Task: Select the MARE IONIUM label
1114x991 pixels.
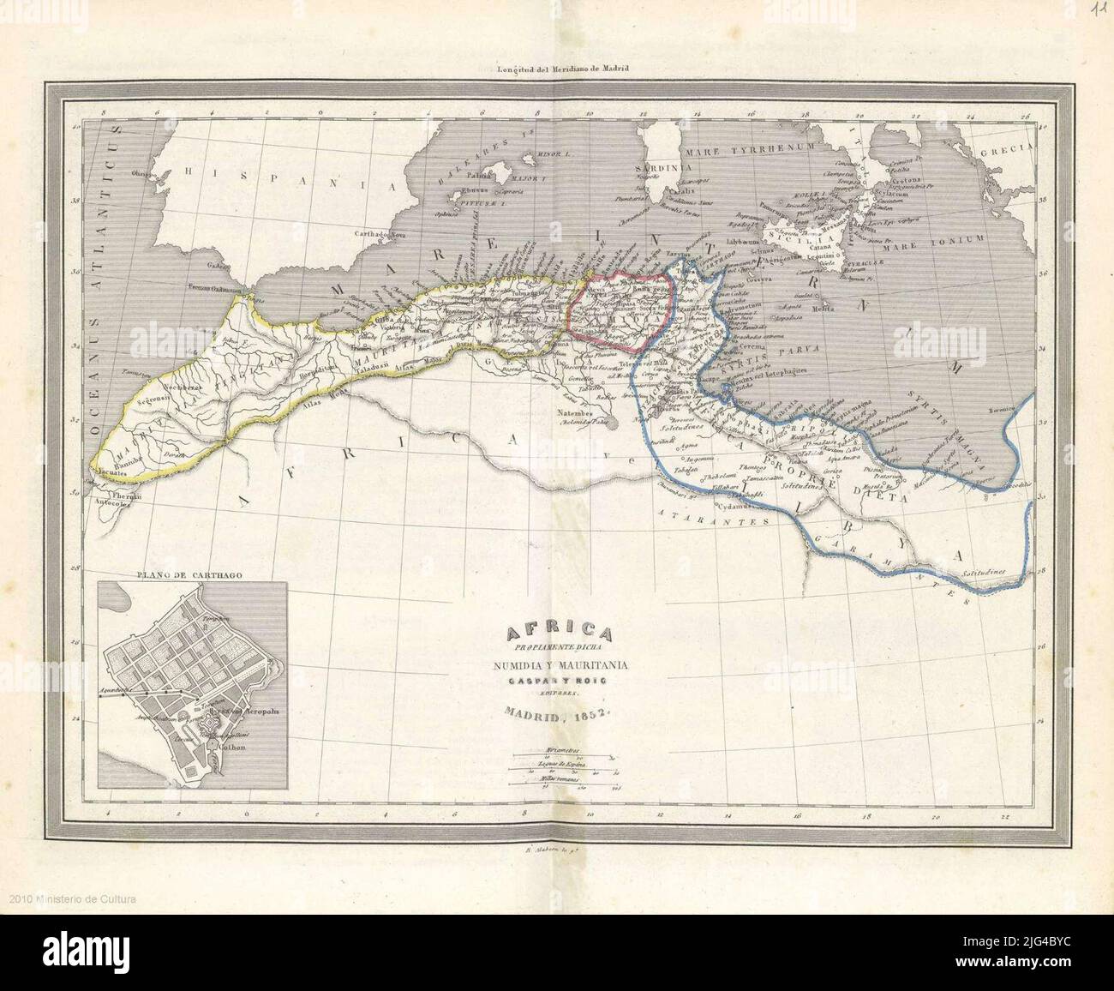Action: (x=941, y=239)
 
